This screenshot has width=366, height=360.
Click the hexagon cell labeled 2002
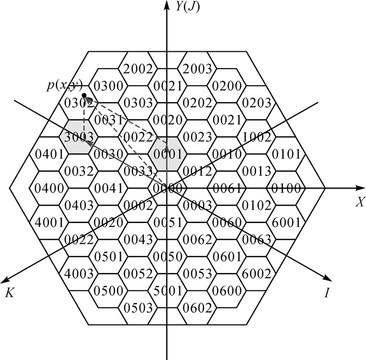tap(138, 69)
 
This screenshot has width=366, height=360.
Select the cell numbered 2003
tap(197, 69)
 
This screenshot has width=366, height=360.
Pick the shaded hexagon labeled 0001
tap(167, 154)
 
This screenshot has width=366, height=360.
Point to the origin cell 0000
tap(167, 188)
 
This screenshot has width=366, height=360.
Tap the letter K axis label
tap(9, 293)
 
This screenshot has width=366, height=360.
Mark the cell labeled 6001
tap(287, 222)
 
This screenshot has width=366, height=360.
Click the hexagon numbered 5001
tap(167, 291)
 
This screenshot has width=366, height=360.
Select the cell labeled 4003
tap(78, 274)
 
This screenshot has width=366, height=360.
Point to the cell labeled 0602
tap(197, 308)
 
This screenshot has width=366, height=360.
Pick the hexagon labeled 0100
tap(287, 188)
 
